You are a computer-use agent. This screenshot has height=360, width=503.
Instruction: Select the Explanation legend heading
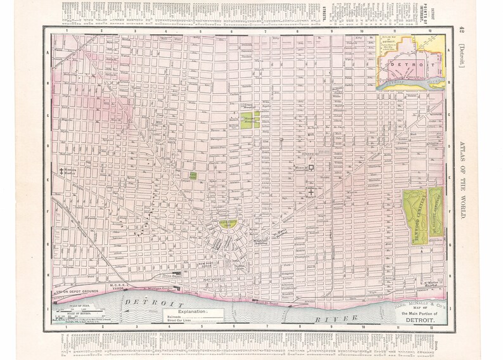[196, 312]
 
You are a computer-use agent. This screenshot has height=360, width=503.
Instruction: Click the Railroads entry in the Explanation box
[188, 318]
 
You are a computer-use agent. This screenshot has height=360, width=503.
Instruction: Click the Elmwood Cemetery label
[415, 216]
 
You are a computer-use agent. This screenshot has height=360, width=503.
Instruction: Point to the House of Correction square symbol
[311, 167]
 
